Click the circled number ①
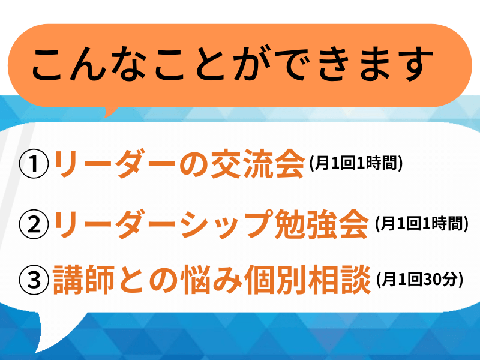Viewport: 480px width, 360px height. pos(34,163)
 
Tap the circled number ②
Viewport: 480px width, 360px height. pos(34,224)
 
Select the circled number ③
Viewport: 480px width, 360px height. pos(34,280)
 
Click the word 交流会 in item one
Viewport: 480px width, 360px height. pos(258,163)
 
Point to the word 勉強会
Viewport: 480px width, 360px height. pos(322,224)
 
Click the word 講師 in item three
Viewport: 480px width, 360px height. pos(83,280)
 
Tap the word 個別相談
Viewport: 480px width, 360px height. pos(308,280)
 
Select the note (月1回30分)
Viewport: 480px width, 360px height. pos(419,280)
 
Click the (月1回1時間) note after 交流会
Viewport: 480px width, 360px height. pos(356,163)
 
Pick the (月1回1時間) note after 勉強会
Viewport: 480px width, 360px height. pos(422,224)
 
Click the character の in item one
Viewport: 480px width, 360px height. pos(194,164)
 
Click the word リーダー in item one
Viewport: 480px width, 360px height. pos(114,163)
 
